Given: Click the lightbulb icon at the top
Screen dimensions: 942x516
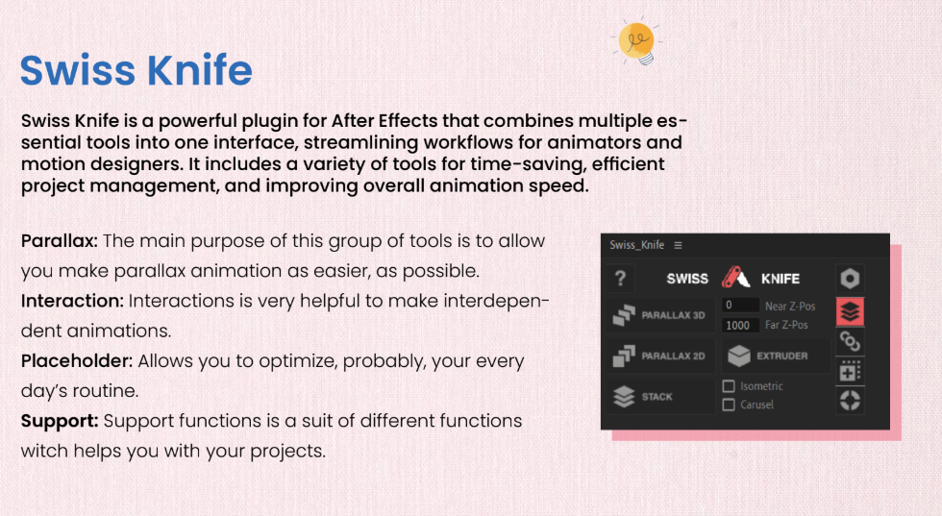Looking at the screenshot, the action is (636, 42).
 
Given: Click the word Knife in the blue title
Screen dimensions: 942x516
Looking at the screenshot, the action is (200, 70).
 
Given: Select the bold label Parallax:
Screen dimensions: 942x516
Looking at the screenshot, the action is (60, 241).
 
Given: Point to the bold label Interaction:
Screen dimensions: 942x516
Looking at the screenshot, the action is (72, 301).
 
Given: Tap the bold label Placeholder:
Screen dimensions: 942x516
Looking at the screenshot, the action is (77, 361).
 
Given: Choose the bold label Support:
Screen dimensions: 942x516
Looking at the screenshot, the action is (60, 421).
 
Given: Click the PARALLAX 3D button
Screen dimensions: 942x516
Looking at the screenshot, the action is (660, 315).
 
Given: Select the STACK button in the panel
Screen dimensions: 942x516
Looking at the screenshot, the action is (660, 397).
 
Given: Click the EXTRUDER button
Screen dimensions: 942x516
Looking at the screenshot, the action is (775, 356).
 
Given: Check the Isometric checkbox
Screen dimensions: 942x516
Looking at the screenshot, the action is (729, 385).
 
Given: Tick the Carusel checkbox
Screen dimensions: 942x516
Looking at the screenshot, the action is (729, 405).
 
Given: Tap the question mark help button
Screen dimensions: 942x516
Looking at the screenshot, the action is (621, 278).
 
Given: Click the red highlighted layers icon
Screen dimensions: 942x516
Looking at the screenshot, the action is (850, 311).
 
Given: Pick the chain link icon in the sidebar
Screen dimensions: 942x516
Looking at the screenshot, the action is (850, 342).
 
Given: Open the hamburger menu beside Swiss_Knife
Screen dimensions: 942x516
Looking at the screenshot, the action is (679, 245).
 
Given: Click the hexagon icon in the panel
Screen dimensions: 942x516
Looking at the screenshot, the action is (850, 278).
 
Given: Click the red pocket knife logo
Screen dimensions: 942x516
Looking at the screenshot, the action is (735, 278).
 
